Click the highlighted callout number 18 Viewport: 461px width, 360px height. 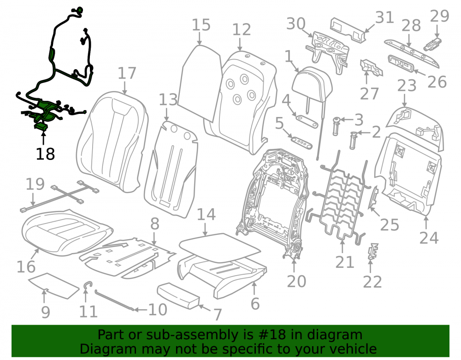45,153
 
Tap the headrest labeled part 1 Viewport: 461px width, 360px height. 312,84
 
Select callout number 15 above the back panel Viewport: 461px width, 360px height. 201,25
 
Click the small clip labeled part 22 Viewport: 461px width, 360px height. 373,252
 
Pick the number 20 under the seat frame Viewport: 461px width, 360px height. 296,281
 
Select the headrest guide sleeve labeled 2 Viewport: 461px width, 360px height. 354,140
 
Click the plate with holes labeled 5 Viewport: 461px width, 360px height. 301,142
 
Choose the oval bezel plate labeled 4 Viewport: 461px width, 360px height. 307,121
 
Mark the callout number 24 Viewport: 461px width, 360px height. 429,238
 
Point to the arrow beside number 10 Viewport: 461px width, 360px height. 141,309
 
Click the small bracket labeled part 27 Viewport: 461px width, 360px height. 371,68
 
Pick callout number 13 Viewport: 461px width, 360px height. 168,100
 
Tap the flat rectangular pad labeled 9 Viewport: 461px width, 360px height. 53,286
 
